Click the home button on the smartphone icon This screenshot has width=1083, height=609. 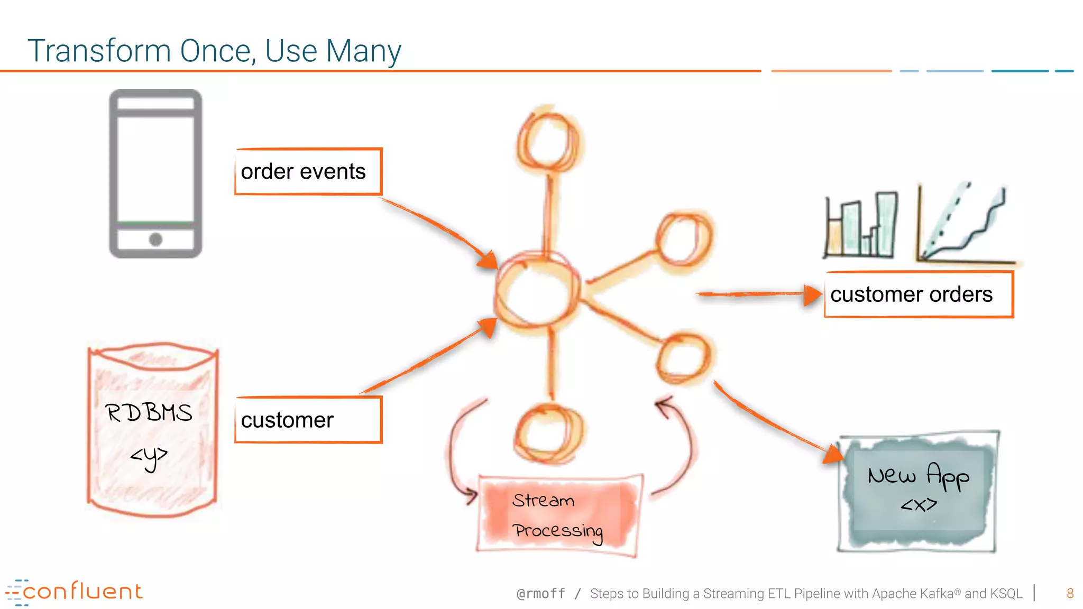click(155, 239)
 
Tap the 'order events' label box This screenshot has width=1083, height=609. click(308, 172)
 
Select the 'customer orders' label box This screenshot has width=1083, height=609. click(919, 294)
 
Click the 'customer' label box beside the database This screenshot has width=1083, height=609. click(308, 420)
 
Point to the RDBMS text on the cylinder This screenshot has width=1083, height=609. click(149, 413)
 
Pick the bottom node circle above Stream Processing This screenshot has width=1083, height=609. click(548, 432)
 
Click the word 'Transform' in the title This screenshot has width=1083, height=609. click(99, 51)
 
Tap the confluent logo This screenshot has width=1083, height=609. click(74, 592)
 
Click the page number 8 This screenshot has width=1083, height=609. click(1070, 594)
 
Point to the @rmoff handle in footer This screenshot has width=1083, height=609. click(540, 594)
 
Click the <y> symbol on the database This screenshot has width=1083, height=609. click(149, 456)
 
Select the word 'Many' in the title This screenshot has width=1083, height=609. click(363, 51)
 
